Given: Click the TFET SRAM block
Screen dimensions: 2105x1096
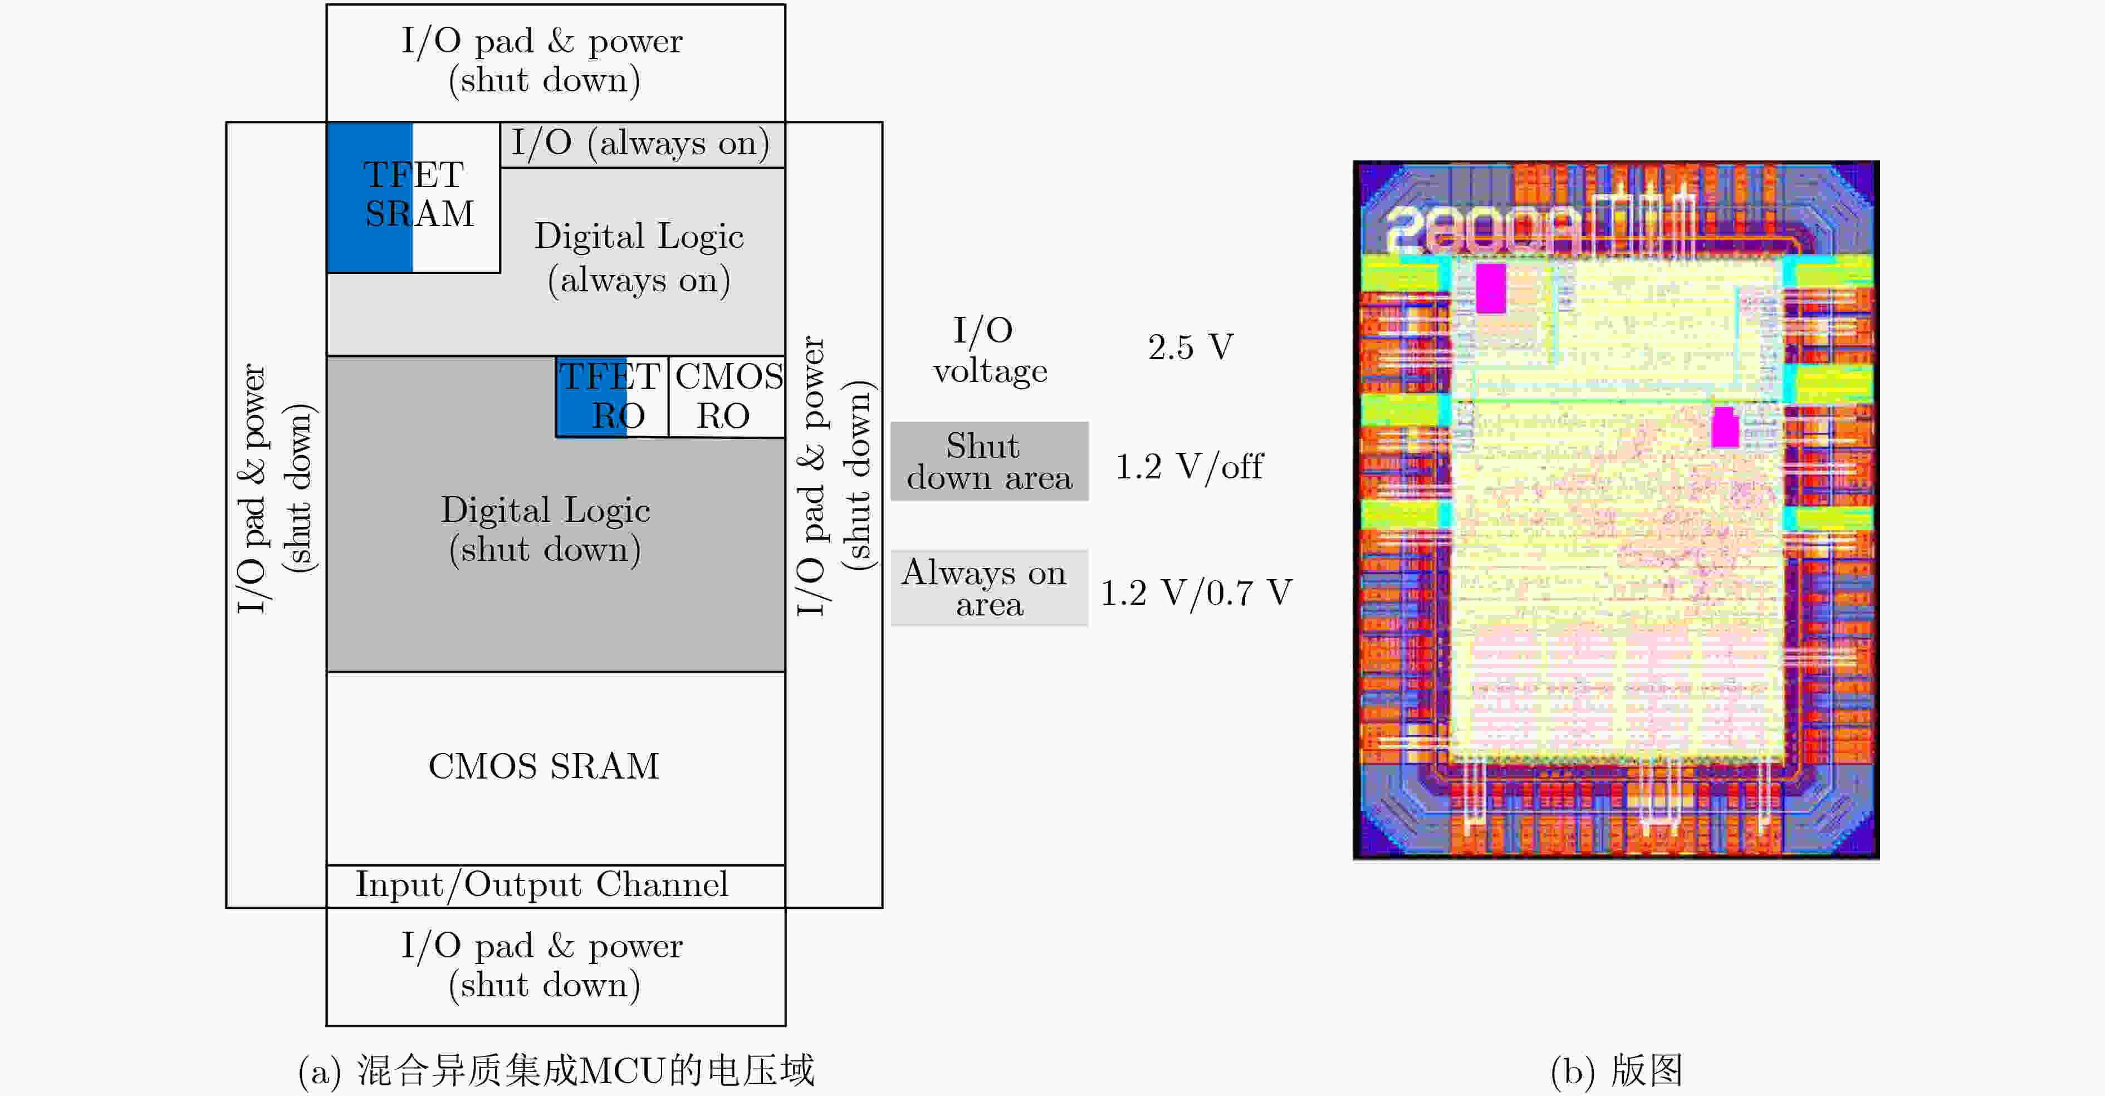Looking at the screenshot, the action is (413, 197).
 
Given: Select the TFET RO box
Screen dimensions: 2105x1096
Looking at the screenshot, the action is (612, 397).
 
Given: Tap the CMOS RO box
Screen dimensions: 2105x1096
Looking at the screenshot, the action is (727, 397).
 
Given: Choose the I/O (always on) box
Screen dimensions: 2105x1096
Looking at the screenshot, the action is (642, 145).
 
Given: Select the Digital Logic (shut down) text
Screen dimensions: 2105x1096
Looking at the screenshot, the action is (546, 530).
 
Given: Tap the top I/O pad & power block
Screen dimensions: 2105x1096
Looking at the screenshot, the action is (556, 63).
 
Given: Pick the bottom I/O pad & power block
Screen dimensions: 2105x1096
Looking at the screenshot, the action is (556, 966).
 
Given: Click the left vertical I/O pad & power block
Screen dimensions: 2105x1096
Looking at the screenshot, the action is (276, 515).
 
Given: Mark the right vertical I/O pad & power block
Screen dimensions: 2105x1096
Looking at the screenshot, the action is (834, 515).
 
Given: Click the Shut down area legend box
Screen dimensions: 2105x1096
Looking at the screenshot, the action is (990, 461).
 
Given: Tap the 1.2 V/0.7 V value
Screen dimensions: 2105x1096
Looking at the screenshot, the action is (1196, 593).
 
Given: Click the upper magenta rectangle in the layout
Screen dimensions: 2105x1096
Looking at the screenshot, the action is (1491, 288).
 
